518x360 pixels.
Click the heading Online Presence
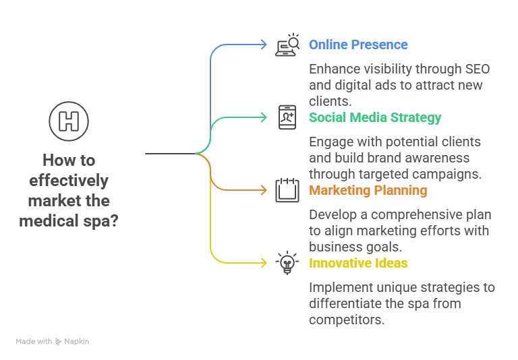(x=358, y=45)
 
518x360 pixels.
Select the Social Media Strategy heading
(x=375, y=118)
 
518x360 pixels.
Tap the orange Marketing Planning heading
(x=368, y=191)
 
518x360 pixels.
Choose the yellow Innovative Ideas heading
(x=358, y=264)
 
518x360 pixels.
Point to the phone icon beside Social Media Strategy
(x=287, y=117)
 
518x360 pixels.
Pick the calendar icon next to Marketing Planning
(x=287, y=190)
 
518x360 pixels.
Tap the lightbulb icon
(x=287, y=262)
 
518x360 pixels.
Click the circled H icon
(x=69, y=121)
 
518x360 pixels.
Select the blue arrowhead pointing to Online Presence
(x=264, y=44)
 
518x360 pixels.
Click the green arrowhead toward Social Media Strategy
(x=264, y=117)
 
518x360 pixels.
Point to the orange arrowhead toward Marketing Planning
(x=264, y=190)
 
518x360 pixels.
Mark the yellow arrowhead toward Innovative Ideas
(x=264, y=263)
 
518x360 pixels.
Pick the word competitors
(x=347, y=320)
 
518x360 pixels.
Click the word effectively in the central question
(x=69, y=181)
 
